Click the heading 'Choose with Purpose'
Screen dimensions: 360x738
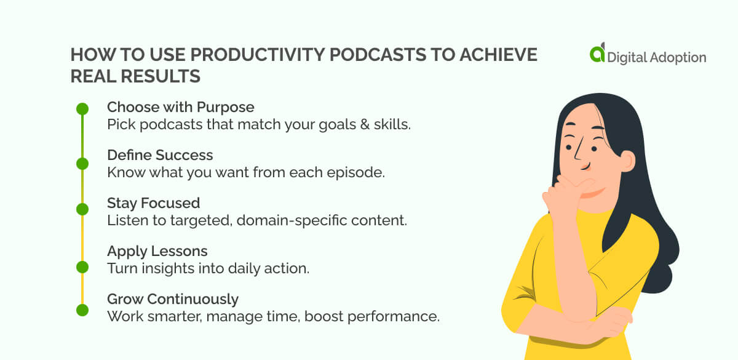tap(180, 108)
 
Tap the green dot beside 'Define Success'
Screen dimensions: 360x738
tap(82, 163)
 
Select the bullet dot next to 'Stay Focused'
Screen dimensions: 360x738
tap(82, 209)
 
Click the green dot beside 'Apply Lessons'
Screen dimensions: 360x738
tap(82, 266)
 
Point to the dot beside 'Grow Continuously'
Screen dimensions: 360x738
tap(82, 310)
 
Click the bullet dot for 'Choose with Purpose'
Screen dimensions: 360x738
tap(82, 109)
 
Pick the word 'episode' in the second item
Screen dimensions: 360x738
tap(359, 172)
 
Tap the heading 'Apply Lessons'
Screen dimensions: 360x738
tap(157, 251)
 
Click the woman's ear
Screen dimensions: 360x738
tap(625, 162)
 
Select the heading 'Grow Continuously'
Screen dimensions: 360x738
tap(172, 299)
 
